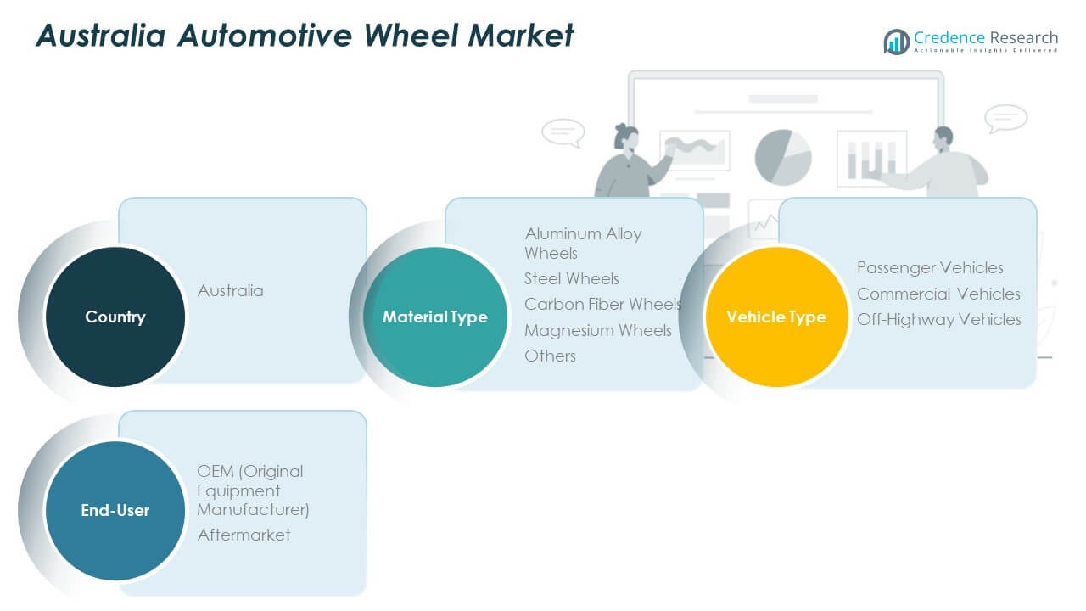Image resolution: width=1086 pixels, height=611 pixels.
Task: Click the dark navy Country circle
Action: [115, 317]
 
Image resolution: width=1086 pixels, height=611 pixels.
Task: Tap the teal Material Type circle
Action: [435, 317]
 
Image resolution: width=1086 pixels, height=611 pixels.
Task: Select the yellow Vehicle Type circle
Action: [775, 317]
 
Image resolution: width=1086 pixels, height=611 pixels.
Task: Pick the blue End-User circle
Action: [115, 510]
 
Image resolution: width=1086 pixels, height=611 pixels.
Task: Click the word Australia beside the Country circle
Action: [230, 290]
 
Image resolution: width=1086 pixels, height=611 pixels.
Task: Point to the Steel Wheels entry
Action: [571, 278]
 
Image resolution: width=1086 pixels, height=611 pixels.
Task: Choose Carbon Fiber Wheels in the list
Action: [602, 304]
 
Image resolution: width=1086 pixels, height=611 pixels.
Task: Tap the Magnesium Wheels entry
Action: [597, 330]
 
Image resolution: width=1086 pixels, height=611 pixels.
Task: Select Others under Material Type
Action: [550, 356]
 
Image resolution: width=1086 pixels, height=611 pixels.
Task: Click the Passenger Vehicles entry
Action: [930, 267]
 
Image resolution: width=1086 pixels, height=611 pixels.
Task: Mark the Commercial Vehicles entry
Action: [938, 294]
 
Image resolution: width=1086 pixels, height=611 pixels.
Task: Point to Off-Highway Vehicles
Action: [938, 319]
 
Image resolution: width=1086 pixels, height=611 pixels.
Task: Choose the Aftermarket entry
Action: [244, 535]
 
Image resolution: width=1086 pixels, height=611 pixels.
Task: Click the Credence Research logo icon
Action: [896, 41]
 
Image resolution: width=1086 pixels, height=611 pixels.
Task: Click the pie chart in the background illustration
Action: [782, 157]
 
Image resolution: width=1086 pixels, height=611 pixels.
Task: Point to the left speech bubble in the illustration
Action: [563, 132]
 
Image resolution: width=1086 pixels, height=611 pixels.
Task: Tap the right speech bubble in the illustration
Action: [1005, 117]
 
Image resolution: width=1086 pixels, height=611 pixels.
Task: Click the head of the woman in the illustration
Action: [625, 136]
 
